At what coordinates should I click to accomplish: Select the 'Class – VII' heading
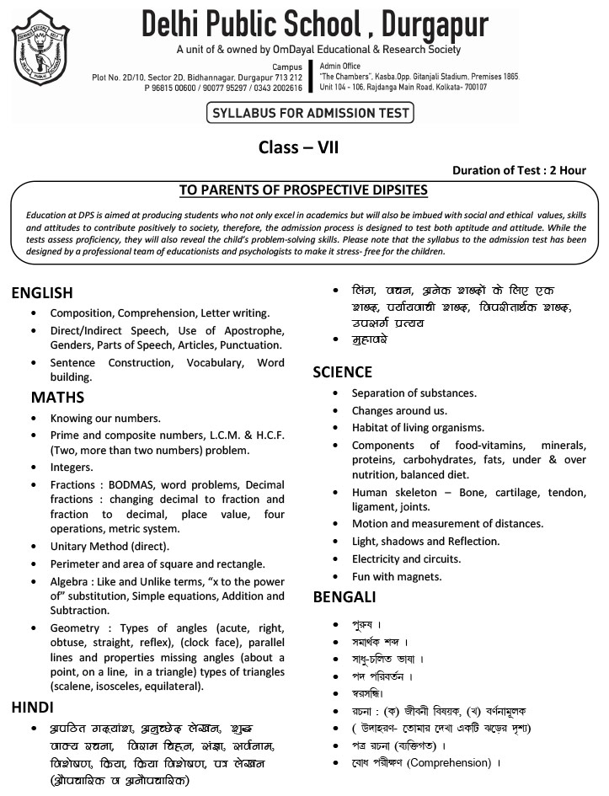pyautogui.click(x=304, y=148)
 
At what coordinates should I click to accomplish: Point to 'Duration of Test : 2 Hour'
pyautogui.click(x=519, y=170)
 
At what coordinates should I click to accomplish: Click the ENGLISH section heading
pyautogui.click(x=54, y=293)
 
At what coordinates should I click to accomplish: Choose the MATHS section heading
pyautogui.click(x=58, y=396)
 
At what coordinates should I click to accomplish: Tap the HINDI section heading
pyautogui.click(x=33, y=706)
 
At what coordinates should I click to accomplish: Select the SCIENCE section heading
pyautogui.click(x=342, y=371)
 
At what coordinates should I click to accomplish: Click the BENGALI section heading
pyautogui.click(x=345, y=597)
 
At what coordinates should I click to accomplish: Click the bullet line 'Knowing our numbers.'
pyautogui.click(x=104, y=418)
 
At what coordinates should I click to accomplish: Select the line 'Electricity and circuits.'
pyautogui.click(x=406, y=558)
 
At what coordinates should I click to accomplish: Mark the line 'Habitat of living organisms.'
pyautogui.click(x=418, y=428)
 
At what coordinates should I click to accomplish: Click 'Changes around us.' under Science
pyautogui.click(x=399, y=410)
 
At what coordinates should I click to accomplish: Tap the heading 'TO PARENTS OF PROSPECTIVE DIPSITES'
pyautogui.click(x=304, y=190)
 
